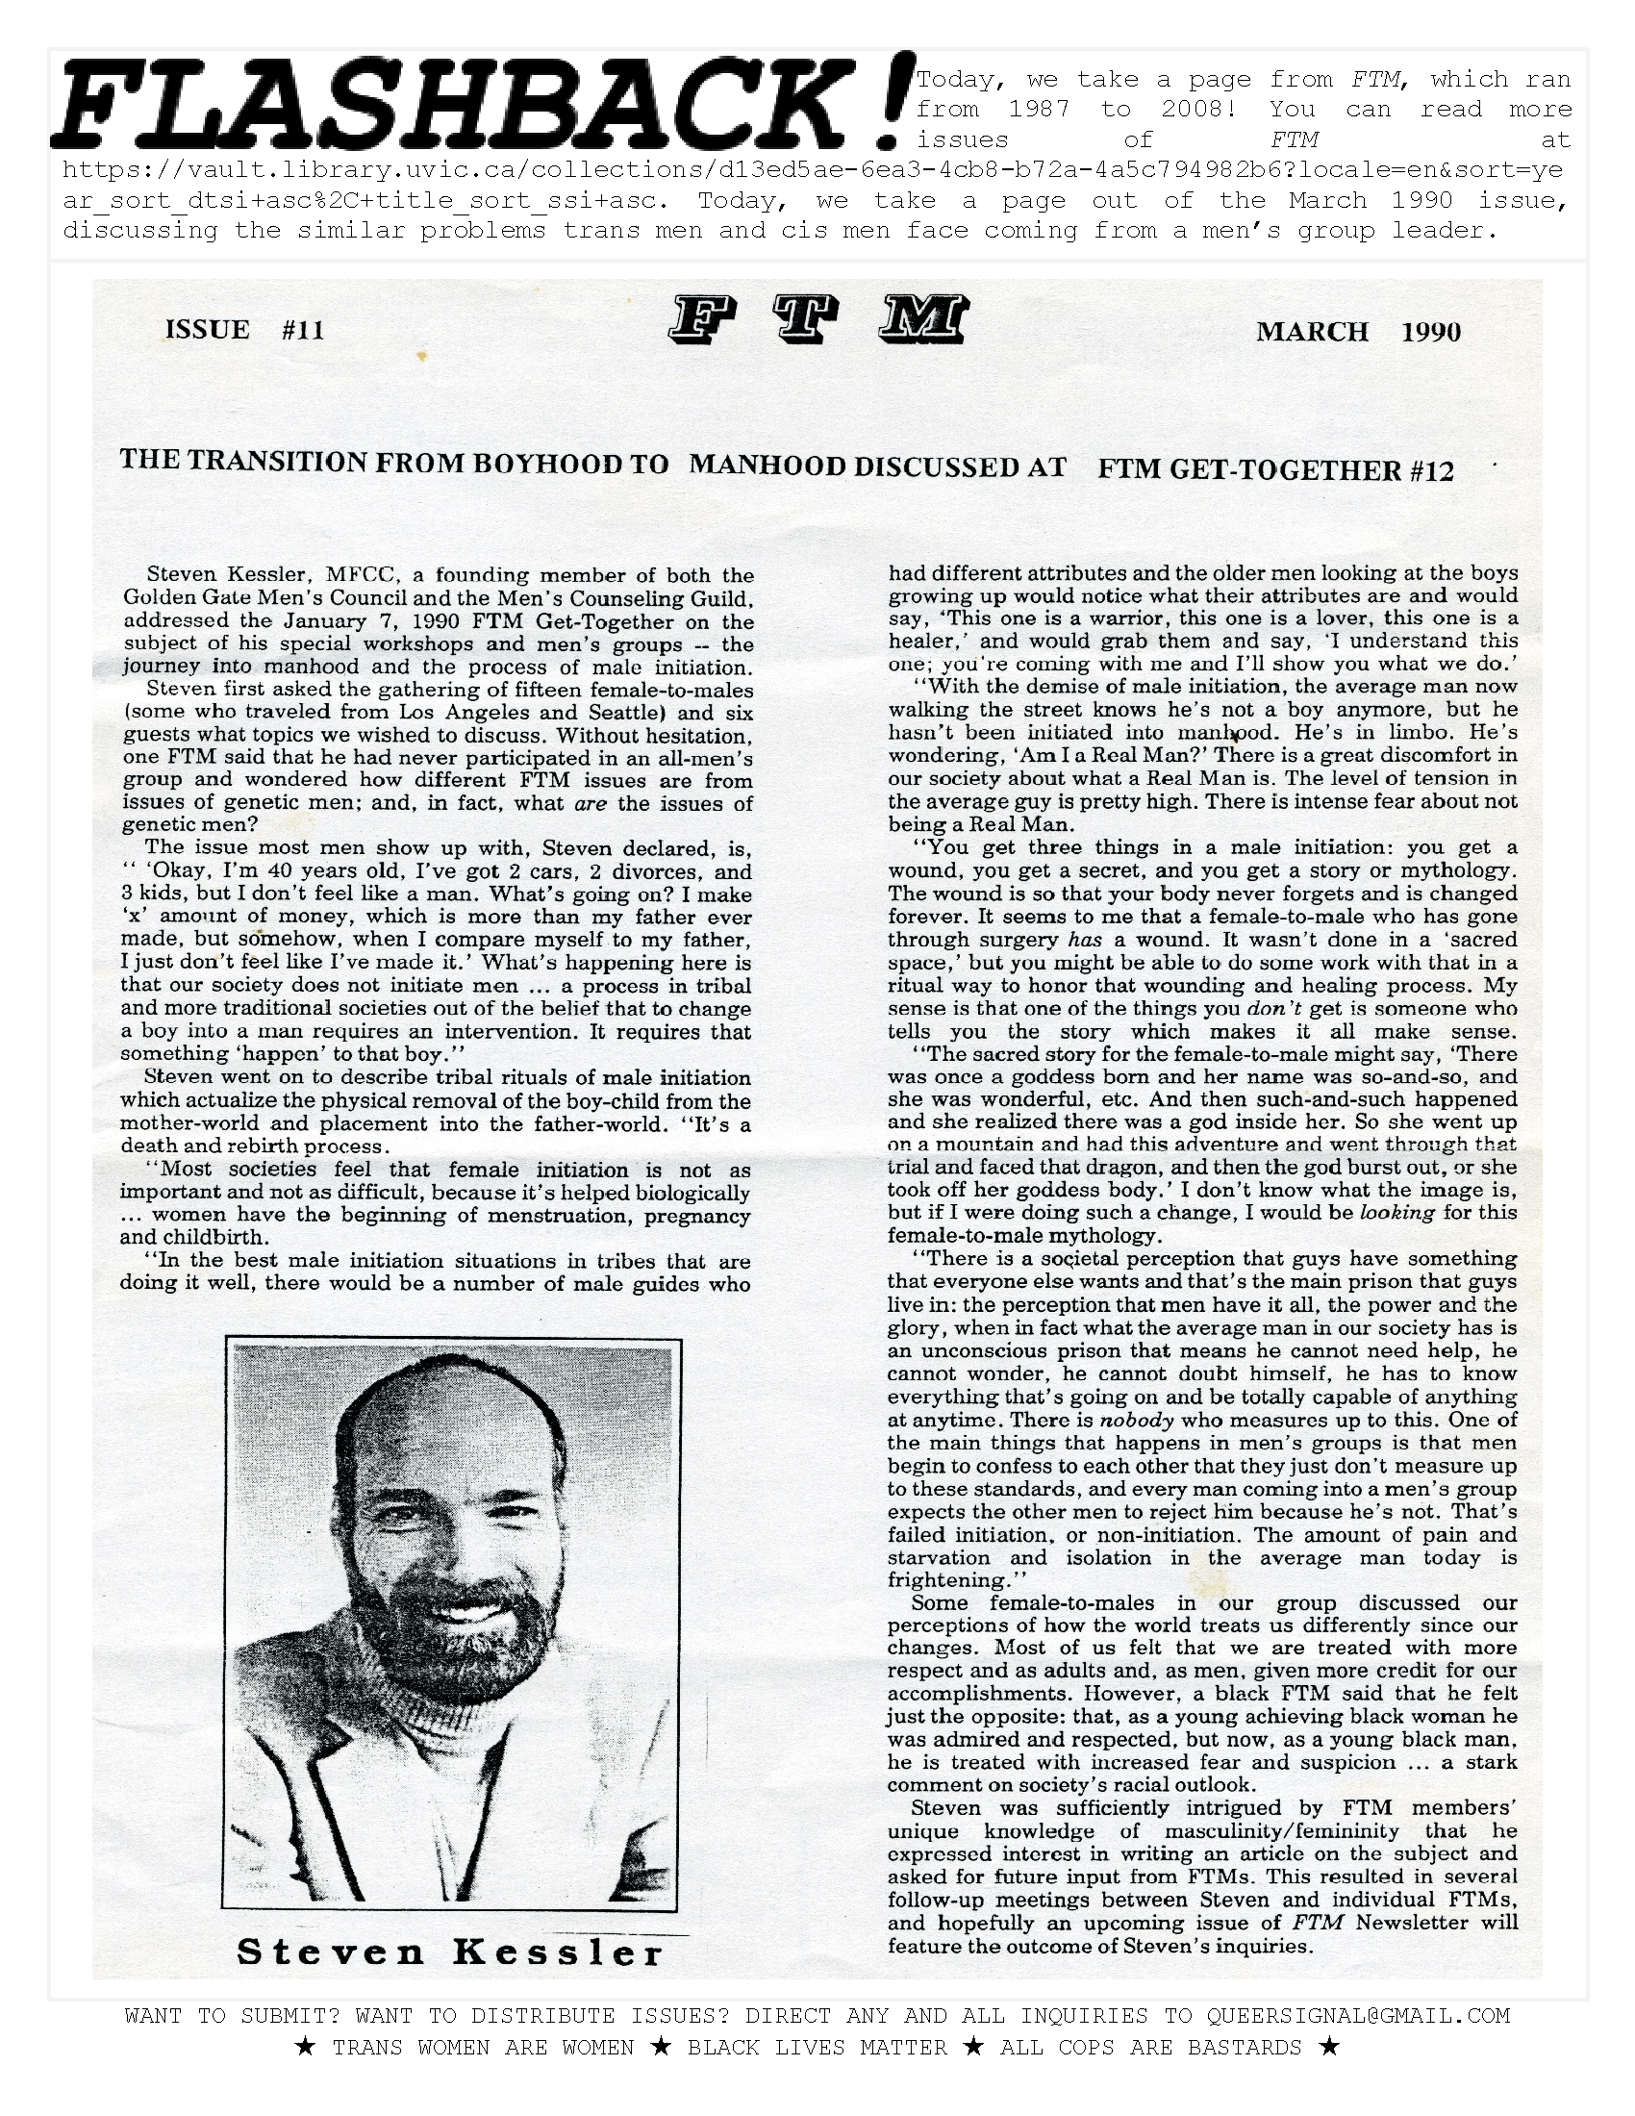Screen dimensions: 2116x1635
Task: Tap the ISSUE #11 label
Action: coord(245,329)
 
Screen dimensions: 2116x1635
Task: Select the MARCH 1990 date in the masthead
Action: coord(1358,333)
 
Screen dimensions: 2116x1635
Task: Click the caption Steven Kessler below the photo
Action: coord(449,1952)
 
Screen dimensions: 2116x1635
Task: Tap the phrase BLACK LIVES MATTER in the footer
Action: coord(817,2047)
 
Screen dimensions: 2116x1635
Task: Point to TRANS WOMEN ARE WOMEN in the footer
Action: coord(483,2047)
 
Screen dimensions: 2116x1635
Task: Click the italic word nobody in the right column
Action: coord(1138,1422)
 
